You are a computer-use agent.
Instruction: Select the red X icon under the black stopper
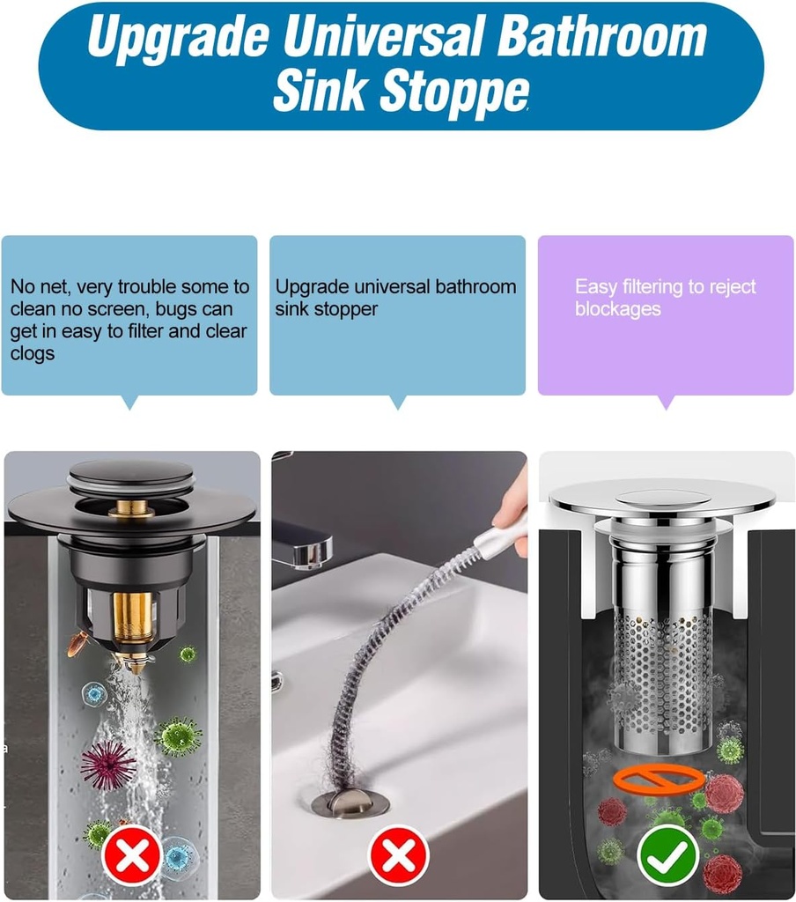[132, 854]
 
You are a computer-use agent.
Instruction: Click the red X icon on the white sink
[398, 854]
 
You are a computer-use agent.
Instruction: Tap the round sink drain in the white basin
[350, 802]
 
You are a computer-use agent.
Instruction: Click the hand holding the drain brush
[512, 506]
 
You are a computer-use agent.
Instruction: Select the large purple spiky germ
[107, 764]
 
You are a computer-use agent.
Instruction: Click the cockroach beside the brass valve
[78, 645]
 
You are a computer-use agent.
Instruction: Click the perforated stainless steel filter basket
[661, 669]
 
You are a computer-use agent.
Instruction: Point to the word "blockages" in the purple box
[617, 310]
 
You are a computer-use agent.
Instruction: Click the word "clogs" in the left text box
[33, 354]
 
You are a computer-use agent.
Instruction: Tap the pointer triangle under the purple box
[666, 403]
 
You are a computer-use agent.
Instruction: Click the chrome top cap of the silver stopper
[660, 498]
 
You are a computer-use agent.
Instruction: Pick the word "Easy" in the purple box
[594, 287]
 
